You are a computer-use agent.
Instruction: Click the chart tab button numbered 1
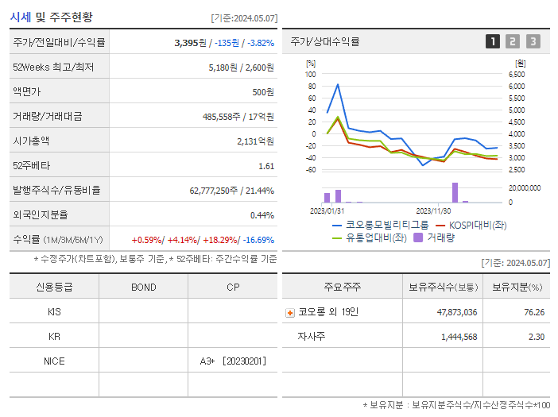pos(493,41)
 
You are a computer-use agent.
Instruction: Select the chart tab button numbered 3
pos(533,41)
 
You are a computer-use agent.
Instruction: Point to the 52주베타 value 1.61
pos(266,166)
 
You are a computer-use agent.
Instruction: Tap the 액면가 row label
pos(32,91)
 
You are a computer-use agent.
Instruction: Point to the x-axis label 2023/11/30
pos(433,211)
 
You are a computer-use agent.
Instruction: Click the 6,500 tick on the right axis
pos(517,74)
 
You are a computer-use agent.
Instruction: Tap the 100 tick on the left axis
pos(311,74)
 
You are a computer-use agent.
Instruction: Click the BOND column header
pos(143,287)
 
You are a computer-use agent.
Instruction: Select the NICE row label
pos(54,361)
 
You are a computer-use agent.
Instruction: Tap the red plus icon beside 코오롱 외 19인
pos(290,312)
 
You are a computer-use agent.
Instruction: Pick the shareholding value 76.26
pos(534,312)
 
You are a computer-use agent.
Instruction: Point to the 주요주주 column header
pos(342,287)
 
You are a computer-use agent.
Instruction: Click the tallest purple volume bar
pos(455,193)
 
